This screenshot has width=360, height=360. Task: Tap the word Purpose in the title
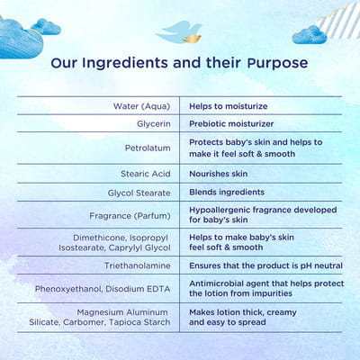click(x=278, y=64)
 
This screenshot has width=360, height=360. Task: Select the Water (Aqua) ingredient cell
click(x=141, y=106)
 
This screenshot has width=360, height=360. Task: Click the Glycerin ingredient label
click(x=154, y=123)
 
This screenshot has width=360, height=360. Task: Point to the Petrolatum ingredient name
click(x=148, y=148)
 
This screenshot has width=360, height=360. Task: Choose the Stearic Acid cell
click(x=146, y=174)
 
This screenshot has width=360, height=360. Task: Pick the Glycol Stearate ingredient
click(x=139, y=193)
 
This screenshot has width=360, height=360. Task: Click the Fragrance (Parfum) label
click(x=130, y=216)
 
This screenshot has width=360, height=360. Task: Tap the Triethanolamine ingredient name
click(x=138, y=265)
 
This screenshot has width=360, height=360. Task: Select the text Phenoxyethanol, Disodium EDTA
click(x=103, y=289)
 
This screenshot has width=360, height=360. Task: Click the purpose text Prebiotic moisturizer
click(x=231, y=123)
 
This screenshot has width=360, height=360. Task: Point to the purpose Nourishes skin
click(x=219, y=174)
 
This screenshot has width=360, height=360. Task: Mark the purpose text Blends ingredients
click(x=227, y=192)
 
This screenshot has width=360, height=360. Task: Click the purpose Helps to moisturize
click(x=229, y=106)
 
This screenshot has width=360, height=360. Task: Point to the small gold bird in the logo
click(x=193, y=38)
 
